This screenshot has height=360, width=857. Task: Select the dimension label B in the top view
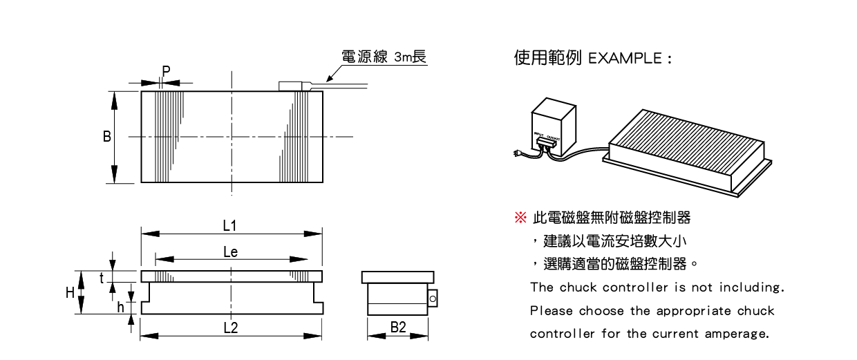tap(107, 137)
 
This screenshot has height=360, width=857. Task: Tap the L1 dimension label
tap(230, 225)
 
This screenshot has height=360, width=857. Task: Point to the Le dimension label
tap(231, 252)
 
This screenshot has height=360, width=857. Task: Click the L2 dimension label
tap(231, 328)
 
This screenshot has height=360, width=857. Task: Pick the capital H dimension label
tap(70, 292)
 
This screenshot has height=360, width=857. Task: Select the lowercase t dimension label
tap(102, 277)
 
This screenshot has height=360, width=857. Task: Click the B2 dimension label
tap(398, 328)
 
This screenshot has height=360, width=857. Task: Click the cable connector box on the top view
tap(294, 86)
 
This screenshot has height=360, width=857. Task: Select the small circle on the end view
tap(433, 299)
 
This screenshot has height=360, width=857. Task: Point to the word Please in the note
tap(551, 311)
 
